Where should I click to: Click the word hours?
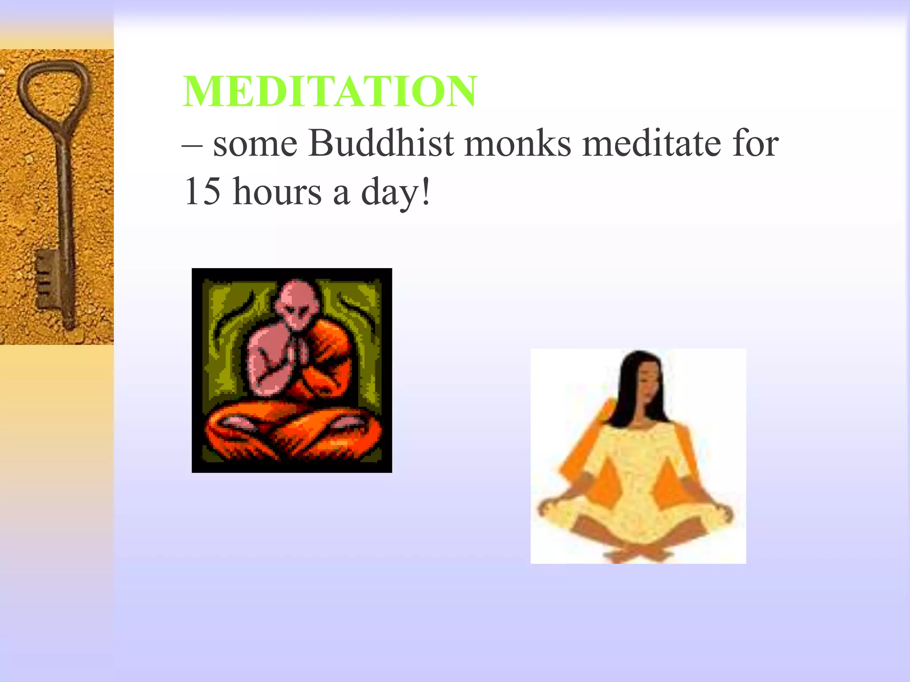click(x=277, y=192)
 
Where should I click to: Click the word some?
click(x=255, y=145)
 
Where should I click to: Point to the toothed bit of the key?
click(x=46, y=278)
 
